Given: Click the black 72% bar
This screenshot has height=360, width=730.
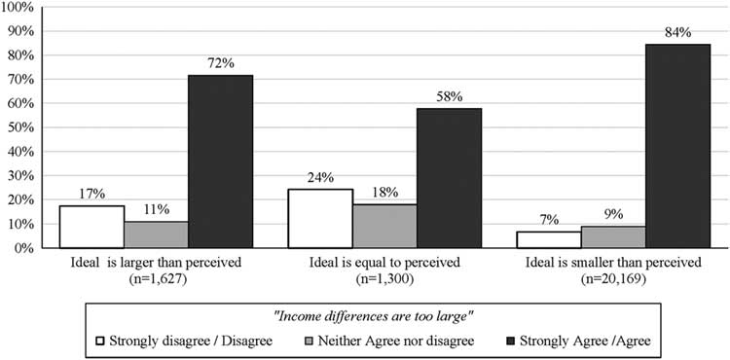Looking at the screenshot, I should click(x=220, y=162).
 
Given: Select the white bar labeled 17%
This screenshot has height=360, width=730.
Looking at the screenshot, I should click(x=91, y=227).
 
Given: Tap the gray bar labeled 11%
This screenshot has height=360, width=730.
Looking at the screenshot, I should click(x=156, y=234).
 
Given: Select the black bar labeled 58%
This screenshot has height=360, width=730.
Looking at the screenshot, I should click(x=449, y=178).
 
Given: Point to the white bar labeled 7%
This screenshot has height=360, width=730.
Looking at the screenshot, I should click(x=549, y=239).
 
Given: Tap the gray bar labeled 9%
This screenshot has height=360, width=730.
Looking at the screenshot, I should click(x=613, y=236).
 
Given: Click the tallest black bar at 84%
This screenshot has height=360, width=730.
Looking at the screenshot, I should click(x=677, y=146).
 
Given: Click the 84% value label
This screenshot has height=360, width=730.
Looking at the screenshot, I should click(x=677, y=32).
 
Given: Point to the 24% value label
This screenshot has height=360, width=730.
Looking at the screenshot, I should click(x=320, y=177).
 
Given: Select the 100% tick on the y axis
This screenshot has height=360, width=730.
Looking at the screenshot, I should click(x=21, y=7).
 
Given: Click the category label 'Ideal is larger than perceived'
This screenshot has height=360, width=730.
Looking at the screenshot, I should click(x=156, y=264).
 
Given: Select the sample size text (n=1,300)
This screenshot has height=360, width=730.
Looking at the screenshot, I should click(x=384, y=278).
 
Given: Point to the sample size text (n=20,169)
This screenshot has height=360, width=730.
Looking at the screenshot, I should click(x=613, y=278).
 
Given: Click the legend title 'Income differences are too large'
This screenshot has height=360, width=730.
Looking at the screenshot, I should click(x=365, y=315).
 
